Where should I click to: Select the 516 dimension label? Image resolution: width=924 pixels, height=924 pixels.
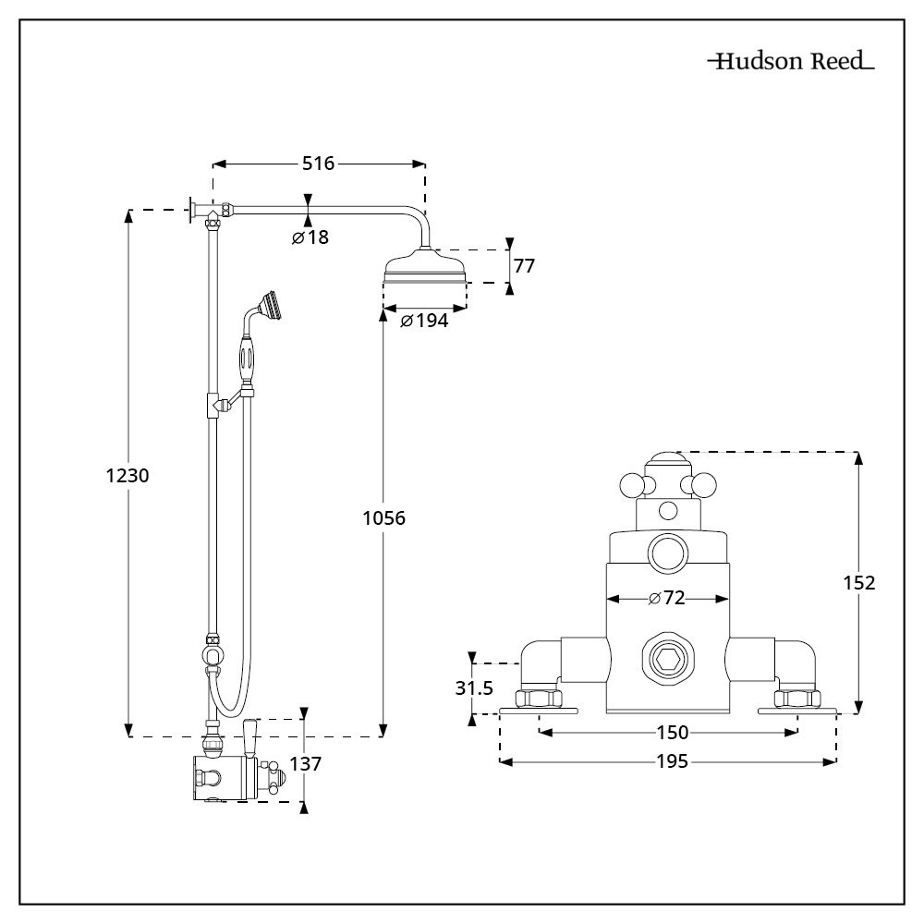click(319, 164)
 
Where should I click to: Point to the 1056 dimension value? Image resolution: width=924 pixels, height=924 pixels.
click(383, 518)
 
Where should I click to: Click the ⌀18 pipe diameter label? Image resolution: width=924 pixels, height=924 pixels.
click(310, 237)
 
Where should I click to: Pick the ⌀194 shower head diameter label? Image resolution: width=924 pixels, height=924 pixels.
click(424, 321)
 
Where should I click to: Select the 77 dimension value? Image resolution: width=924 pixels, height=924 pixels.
click(524, 266)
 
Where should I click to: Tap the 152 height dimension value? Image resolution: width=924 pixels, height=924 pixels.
click(859, 582)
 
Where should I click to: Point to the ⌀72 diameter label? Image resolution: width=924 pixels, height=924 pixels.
click(666, 599)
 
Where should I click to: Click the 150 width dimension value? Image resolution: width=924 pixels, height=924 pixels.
click(672, 733)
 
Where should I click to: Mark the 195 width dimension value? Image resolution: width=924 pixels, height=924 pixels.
click(672, 761)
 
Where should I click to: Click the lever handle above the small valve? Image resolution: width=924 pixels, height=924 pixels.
click(249, 735)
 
